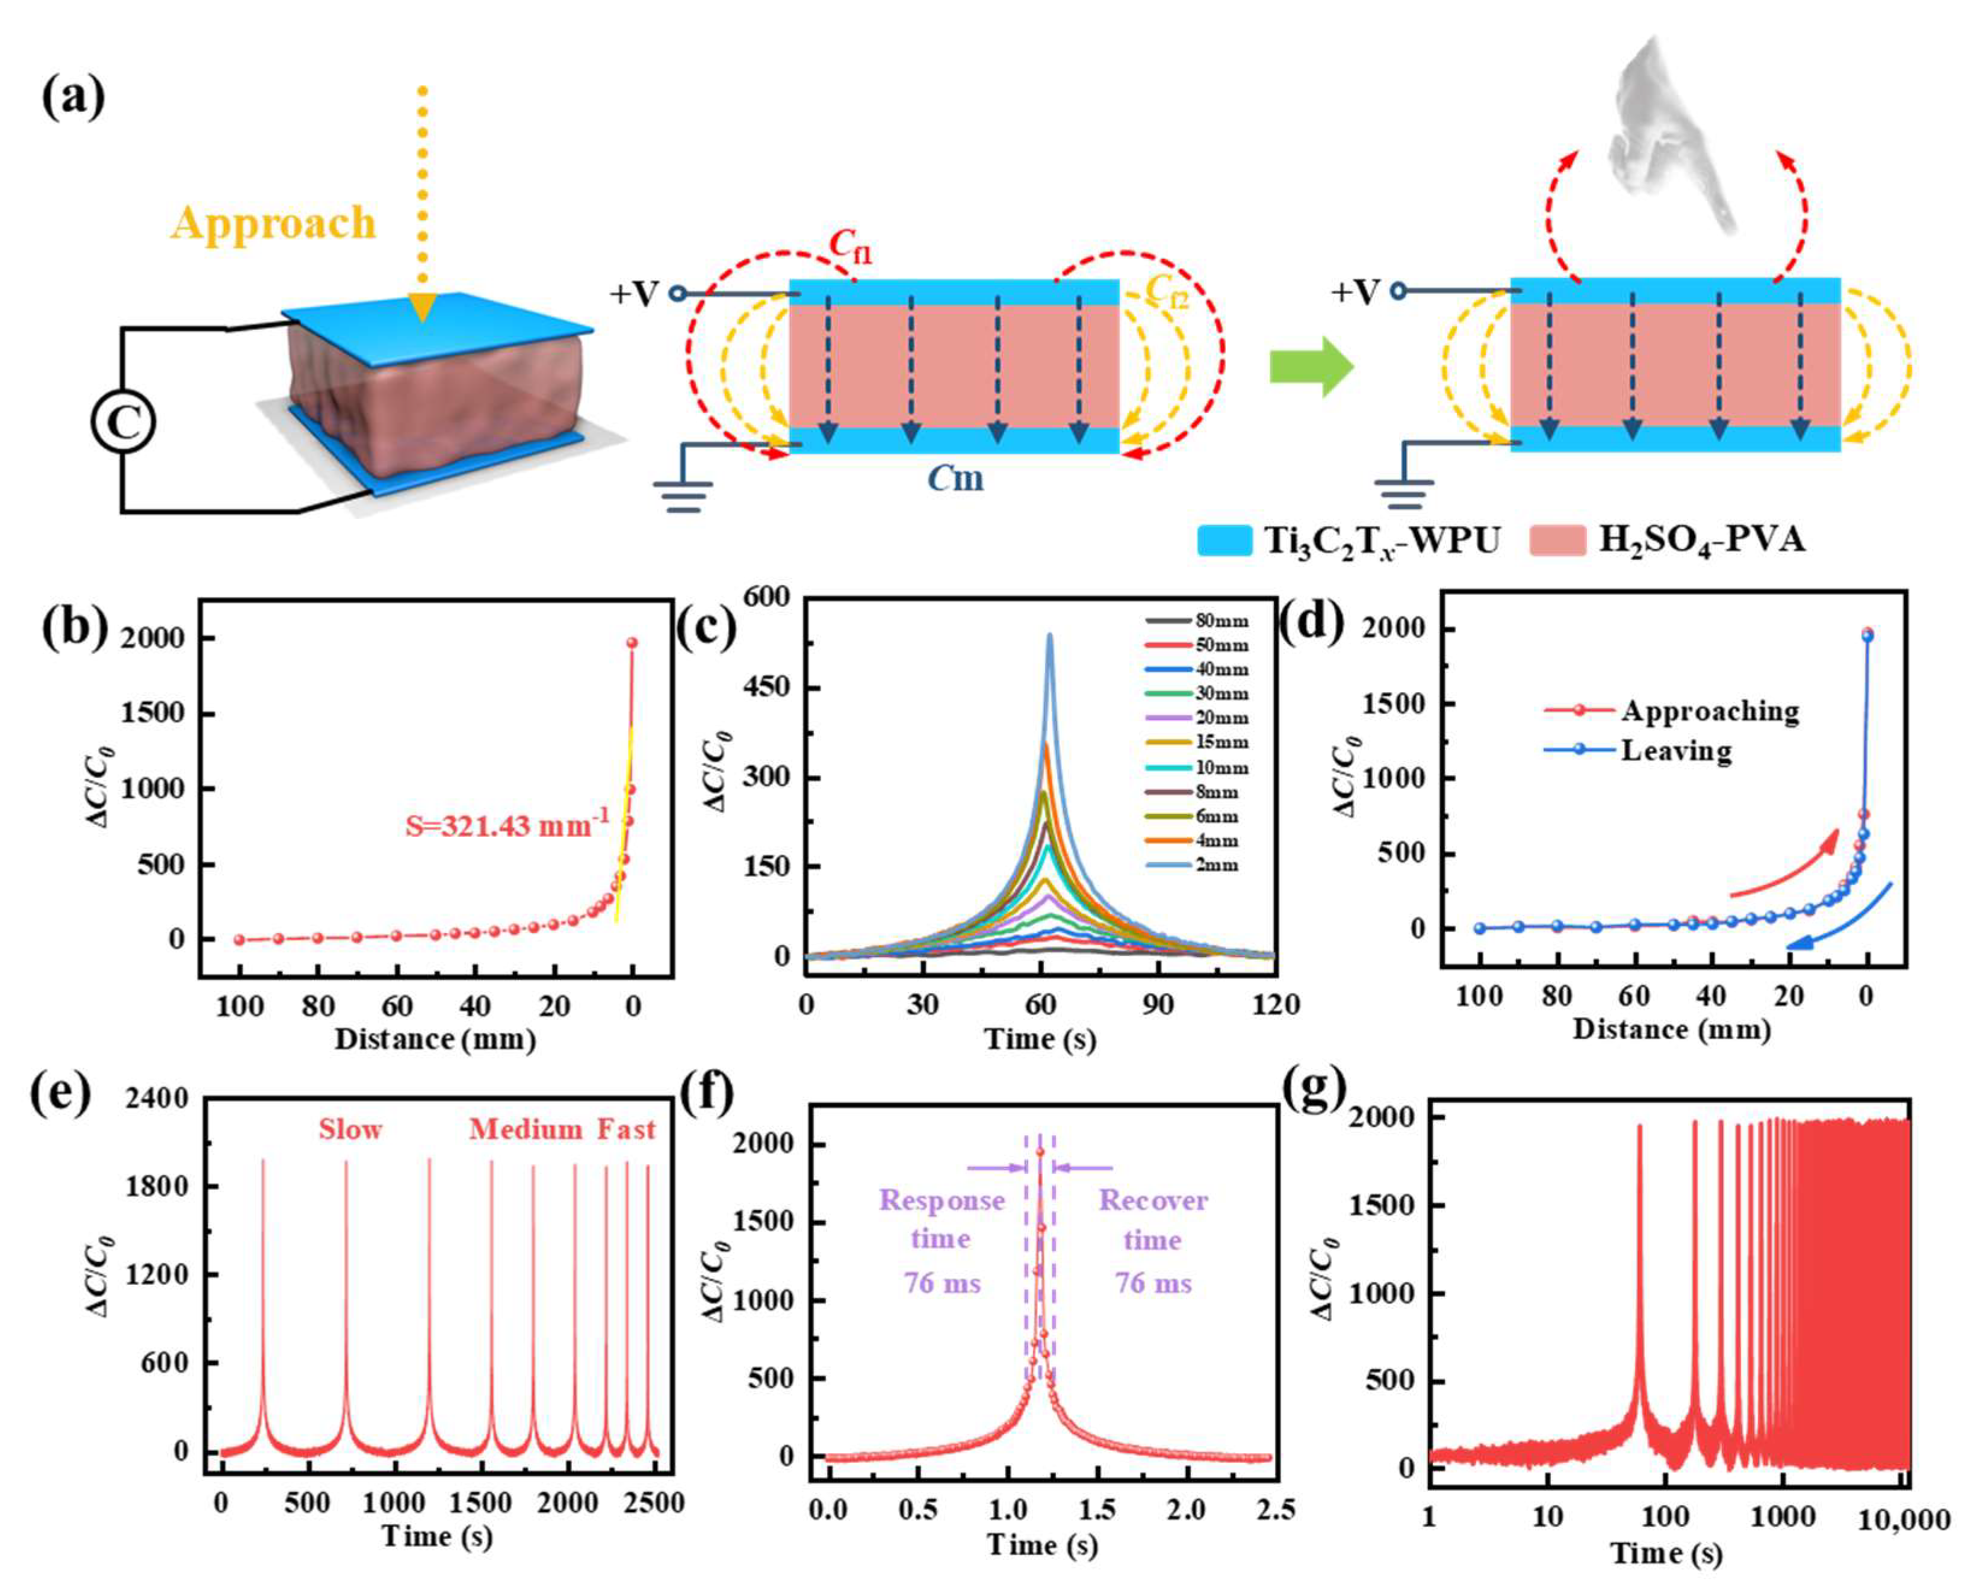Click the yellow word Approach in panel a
(x=273, y=223)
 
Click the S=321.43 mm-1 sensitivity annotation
(x=507, y=825)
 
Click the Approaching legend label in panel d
(x=1709, y=710)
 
